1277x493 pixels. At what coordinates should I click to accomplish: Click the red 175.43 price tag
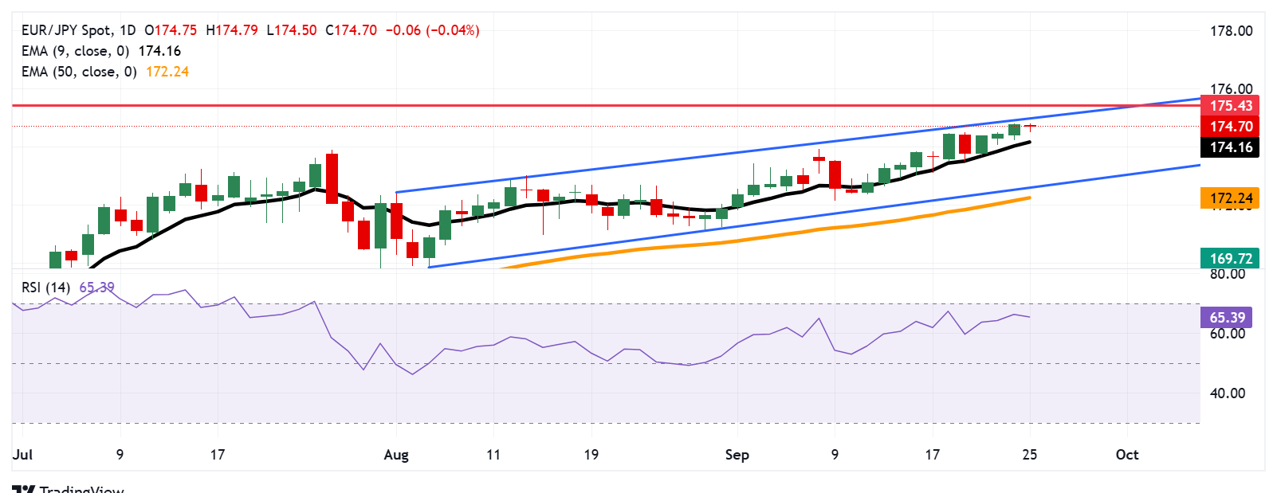tap(1230, 106)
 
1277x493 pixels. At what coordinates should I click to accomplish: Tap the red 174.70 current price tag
tap(1230, 127)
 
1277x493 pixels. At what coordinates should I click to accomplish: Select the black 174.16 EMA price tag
tap(1230, 147)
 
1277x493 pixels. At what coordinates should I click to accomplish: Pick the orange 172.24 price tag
tap(1230, 198)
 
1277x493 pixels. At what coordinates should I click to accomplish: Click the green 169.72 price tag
tap(1230, 258)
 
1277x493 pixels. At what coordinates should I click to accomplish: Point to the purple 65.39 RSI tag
tap(1226, 318)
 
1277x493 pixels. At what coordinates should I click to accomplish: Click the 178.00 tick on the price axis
tap(1231, 31)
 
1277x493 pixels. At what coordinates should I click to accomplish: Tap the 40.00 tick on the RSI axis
tap(1227, 393)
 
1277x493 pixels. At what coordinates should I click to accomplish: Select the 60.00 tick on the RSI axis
tap(1227, 334)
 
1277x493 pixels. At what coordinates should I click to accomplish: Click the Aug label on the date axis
tap(396, 455)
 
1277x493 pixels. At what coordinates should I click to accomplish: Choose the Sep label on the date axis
tap(737, 455)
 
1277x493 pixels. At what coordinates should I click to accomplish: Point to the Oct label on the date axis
tap(1126, 455)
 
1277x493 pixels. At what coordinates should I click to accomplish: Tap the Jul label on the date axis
tap(22, 455)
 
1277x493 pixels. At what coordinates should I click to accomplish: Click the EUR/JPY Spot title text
tap(66, 30)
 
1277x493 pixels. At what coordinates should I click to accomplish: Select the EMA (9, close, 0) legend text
tap(75, 51)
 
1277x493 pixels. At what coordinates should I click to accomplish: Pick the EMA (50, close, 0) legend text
tap(79, 72)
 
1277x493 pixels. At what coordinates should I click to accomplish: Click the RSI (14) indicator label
tap(46, 288)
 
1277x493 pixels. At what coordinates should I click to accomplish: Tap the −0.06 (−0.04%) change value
tap(432, 30)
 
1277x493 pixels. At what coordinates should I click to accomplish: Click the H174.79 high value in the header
tap(231, 30)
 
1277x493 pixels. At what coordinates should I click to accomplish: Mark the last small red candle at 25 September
tap(1030, 127)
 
